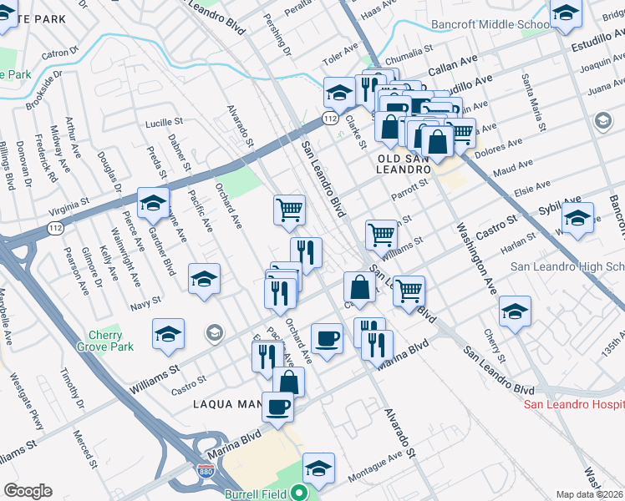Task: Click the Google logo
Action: (28, 491)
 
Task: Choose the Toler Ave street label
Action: (341, 61)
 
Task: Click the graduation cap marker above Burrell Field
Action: (318, 468)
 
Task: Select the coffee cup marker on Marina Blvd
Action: (277, 408)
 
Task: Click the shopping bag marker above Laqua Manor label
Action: (288, 382)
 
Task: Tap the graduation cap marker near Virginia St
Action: (153, 203)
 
